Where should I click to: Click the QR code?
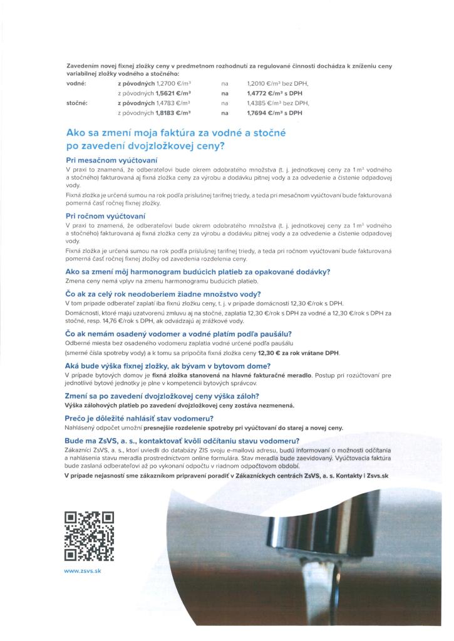click(x=90, y=536)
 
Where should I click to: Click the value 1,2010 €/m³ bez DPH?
click(x=278, y=83)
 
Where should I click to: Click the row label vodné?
click(x=76, y=83)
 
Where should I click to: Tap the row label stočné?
click(x=78, y=102)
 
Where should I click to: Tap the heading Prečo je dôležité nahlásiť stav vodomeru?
click(x=139, y=418)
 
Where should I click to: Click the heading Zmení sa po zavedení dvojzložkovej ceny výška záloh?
click(x=162, y=396)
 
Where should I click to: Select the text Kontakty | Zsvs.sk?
click(x=359, y=477)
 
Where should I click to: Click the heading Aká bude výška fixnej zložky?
click(x=167, y=366)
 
